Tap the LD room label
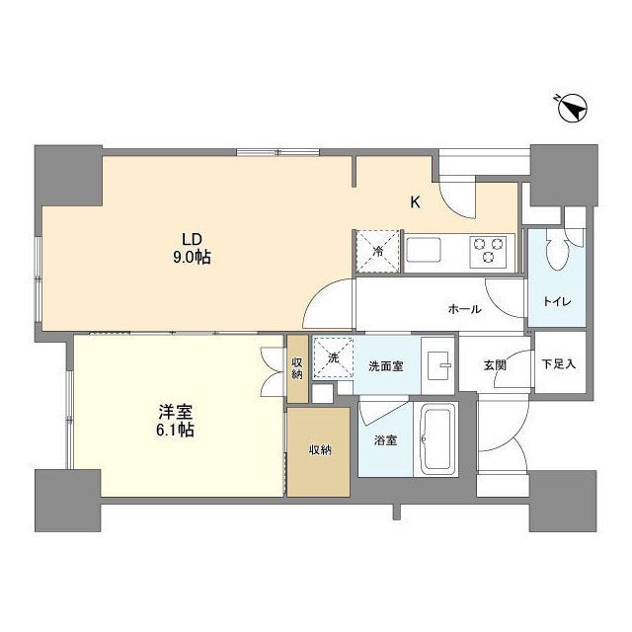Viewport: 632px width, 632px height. [x=193, y=239]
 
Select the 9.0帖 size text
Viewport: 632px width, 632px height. [x=193, y=257]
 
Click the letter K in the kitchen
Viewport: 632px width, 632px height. [x=416, y=202]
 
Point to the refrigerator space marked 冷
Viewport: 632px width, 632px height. [x=378, y=250]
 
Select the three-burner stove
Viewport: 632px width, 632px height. [x=489, y=250]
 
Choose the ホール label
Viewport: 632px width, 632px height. [x=464, y=309]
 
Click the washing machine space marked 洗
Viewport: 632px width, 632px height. [x=334, y=357]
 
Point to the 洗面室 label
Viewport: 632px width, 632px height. [x=385, y=365]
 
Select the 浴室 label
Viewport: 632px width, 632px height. [x=385, y=440]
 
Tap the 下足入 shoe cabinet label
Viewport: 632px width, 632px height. [x=558, y=364]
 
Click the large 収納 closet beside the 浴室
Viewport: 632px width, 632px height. [x=318, y=450]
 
